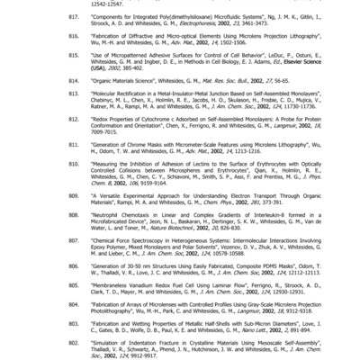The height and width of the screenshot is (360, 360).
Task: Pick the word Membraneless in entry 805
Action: tap(90, 306)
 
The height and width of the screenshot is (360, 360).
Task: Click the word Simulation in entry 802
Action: tap(86, 344)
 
